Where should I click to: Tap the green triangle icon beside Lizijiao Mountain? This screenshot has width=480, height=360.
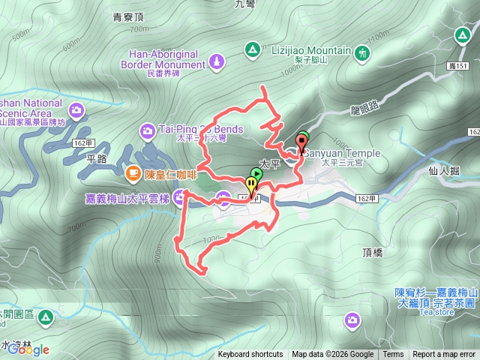[253, 50]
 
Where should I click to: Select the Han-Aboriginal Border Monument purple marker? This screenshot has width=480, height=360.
[217, 60]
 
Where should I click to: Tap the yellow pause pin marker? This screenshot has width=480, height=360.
[250, 184]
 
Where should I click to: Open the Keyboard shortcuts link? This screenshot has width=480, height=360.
[250, 355]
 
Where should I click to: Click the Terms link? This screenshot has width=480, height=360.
[393, 355]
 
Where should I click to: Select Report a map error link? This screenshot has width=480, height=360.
[445, 355]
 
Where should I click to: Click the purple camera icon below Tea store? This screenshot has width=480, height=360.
[351, 321]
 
